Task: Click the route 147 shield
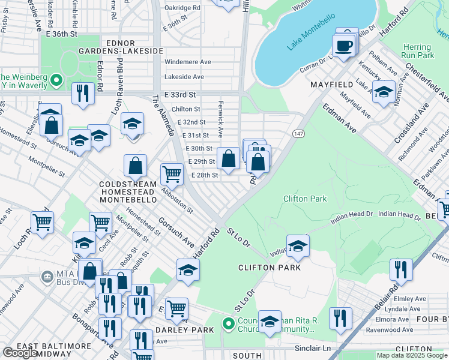click(298, 133)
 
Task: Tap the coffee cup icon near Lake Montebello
click(343, 46)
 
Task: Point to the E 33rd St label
click(180, 95)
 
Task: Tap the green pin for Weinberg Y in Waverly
click(56, 80)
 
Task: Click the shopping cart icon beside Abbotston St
click(172, 174)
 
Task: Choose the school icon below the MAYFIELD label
click(384, 92)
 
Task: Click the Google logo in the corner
click(20, 352)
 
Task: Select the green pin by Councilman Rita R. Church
click(228, 324)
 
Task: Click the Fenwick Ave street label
click(220, 127)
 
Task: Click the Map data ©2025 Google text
click(411, 355)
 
